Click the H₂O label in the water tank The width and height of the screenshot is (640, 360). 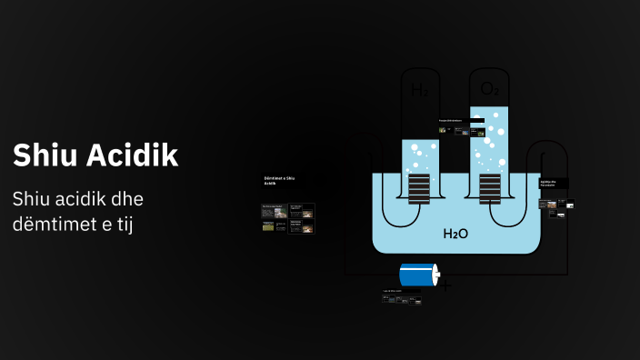[455, 234]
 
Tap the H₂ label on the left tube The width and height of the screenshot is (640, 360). [419, 90]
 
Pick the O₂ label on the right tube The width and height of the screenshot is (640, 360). [489, 89]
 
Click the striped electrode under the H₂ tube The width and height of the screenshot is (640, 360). [419, 189]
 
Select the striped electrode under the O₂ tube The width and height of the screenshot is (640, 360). [489, 189]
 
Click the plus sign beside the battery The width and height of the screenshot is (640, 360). [446, 285]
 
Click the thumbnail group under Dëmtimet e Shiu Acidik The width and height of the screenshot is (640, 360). [287, 218]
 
